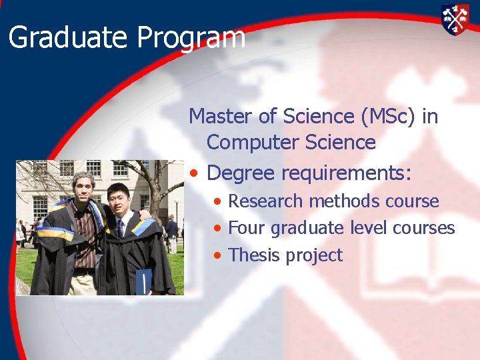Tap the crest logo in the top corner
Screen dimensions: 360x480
(455, 19)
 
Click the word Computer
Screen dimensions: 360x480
(253, 143)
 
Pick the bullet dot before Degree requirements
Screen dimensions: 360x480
(193, 174)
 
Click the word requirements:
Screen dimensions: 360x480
(346, 174)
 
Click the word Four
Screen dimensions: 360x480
(247, 228)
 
